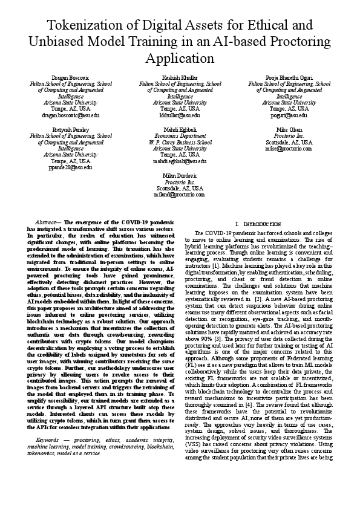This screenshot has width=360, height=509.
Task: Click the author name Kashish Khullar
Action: pos(180,78)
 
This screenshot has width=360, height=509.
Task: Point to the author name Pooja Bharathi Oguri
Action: pos(289,78)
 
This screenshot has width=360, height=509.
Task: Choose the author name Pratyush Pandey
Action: pos(71,130)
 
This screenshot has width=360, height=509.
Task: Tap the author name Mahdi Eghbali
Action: pos(180,130)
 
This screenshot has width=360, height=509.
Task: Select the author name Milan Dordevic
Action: pos(180,175)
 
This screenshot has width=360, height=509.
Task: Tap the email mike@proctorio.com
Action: pos(289,148)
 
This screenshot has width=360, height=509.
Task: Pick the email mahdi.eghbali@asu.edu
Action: pos(180,161)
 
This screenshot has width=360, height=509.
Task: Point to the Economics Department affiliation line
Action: pos(180,136)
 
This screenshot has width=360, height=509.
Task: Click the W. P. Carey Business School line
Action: pos(180,143)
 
